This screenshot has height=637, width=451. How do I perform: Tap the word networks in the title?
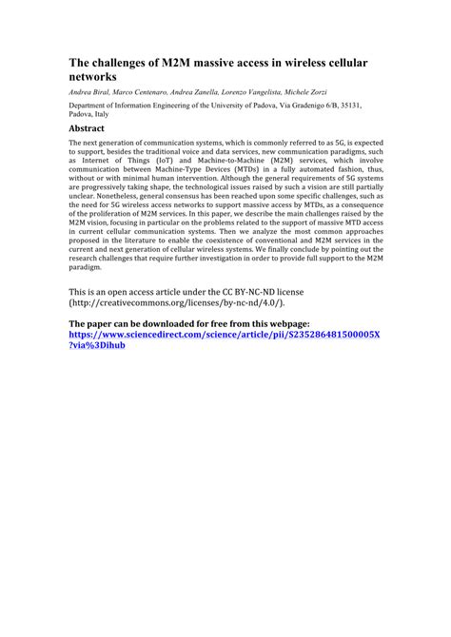[x=95, y=75]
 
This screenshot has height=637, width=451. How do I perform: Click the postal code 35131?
[x=368, y=106]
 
